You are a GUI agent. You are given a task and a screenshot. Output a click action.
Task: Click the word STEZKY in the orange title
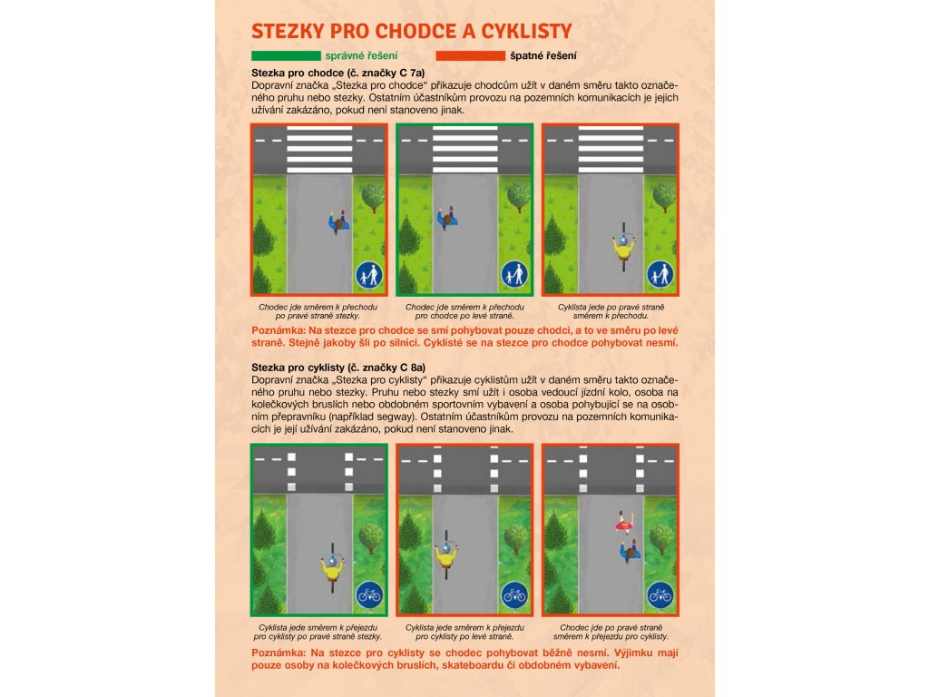pos(288,32)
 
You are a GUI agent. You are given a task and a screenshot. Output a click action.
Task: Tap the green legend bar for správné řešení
pos(286,55)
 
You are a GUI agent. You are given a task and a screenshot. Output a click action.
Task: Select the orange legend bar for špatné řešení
pos(471,55)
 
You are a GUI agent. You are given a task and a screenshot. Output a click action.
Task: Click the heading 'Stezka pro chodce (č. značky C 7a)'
pos(338,74)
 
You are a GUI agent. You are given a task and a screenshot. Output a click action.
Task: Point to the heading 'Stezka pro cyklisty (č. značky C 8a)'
pos(338,368)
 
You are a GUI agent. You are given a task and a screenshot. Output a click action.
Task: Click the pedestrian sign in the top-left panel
pos(369,275)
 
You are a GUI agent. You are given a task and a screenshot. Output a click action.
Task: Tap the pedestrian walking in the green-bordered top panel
pos(447,218)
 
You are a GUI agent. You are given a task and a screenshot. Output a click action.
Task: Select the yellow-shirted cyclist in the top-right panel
pos(623,247)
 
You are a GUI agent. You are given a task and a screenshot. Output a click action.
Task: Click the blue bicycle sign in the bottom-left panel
pos(369,595)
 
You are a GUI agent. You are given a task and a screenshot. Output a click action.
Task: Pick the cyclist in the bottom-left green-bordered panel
pos(332,568)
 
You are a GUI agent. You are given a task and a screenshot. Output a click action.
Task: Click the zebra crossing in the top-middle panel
pos(465,150)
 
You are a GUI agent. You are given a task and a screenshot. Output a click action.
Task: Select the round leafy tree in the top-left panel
pos(373,197)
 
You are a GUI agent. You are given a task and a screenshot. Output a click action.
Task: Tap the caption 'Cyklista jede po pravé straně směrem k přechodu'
pos(611,312)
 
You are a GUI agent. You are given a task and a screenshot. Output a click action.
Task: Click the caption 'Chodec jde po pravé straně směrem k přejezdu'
pos(611,632)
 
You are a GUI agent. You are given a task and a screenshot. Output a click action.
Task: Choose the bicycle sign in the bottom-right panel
pos(660,595)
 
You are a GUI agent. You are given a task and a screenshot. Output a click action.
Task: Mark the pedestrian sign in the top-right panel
pos(660,275)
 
